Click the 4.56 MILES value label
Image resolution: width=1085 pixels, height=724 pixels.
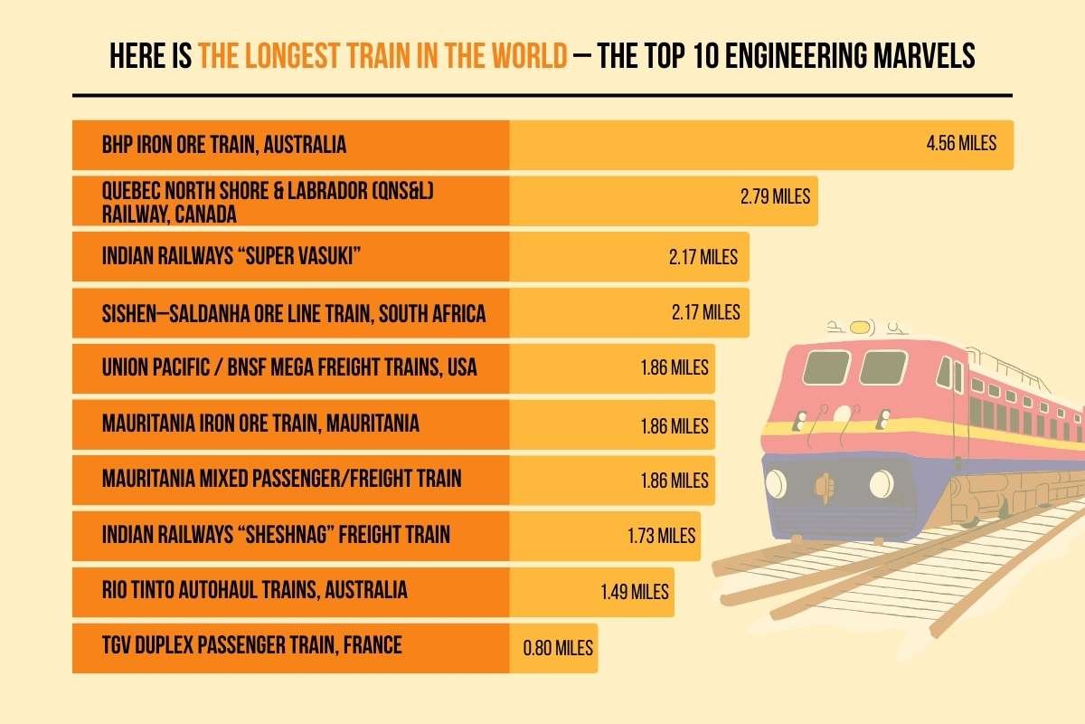[960, 143]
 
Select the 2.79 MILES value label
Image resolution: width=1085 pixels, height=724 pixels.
[774, 195]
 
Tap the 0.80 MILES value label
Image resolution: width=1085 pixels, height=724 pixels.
[558, 648]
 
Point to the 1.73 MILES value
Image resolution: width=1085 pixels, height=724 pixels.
[661, 535]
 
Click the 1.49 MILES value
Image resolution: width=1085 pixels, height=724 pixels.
[635, 592]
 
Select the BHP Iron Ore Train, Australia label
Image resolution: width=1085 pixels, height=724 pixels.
[224, 145]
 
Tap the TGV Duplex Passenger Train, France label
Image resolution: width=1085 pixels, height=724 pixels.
[251, 645]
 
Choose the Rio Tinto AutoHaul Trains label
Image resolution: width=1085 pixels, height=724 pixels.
[254, 590]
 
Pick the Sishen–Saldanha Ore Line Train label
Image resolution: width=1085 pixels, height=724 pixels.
[294, 313]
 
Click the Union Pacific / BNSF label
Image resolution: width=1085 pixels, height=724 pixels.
[289, 368]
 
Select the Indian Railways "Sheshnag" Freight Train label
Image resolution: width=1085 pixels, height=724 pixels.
[276, 534]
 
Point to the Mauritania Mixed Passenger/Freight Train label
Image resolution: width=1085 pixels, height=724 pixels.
[281, 478]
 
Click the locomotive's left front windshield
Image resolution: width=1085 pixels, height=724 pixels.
[821, 367]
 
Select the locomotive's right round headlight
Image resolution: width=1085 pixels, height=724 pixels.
[881, 483]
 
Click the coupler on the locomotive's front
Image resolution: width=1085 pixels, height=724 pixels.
[823, 485]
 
